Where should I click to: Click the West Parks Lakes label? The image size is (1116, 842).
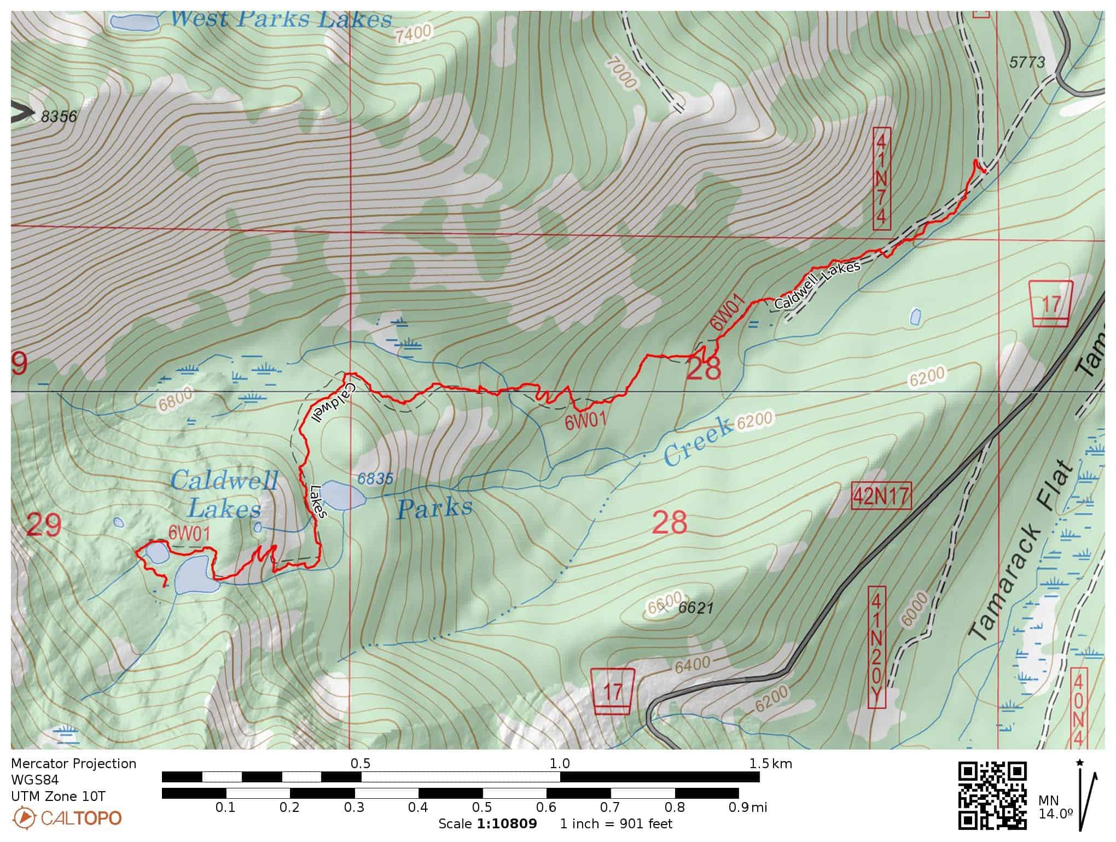(281, 20)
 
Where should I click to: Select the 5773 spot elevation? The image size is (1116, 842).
(1027, 62)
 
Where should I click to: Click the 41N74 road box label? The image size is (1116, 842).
(881, 179)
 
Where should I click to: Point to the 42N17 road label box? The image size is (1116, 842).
(881, 496)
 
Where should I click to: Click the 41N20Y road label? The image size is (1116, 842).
(876, 647)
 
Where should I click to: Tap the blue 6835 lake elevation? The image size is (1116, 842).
(375, 479)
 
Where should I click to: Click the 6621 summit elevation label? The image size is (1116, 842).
(696, 608)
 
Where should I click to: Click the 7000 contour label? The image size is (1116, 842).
(621, 73)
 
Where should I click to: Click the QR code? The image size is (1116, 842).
(992, 794)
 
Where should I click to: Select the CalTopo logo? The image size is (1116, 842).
(67, 818)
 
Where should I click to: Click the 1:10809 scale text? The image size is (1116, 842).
(507, 823)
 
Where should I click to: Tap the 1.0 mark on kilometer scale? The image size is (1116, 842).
(559, 763)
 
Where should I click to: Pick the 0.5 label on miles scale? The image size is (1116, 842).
(481, 807)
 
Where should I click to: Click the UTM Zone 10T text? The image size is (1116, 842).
(58, 796)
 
